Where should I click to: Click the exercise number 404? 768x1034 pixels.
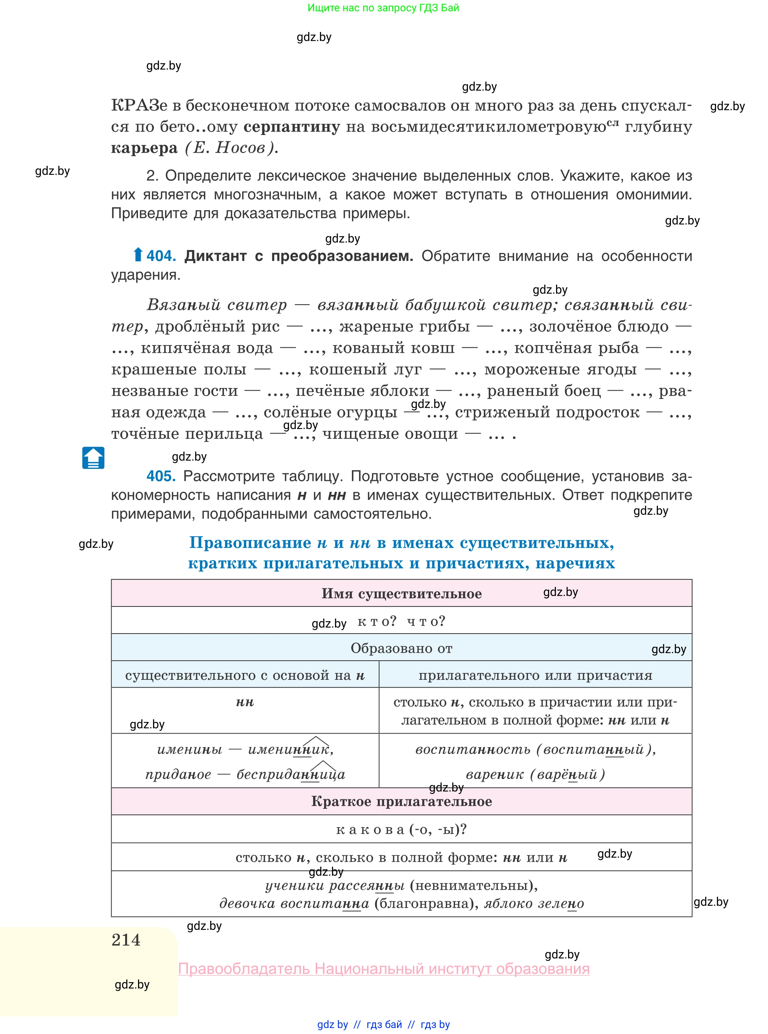(161, 256)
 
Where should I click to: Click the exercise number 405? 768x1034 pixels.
(161, 476)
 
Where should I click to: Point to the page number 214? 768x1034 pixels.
(126, 940)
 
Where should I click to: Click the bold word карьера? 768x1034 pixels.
(144, 148)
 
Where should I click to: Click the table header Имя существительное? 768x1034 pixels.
(401, 594)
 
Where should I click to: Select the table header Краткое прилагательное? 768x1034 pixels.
(401, 801)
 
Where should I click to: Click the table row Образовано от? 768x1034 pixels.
(401, 648)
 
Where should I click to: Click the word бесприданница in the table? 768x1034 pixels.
(291, 775)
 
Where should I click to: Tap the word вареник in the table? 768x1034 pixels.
(495, 775)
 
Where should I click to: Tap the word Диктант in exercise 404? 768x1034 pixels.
(215, 256)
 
